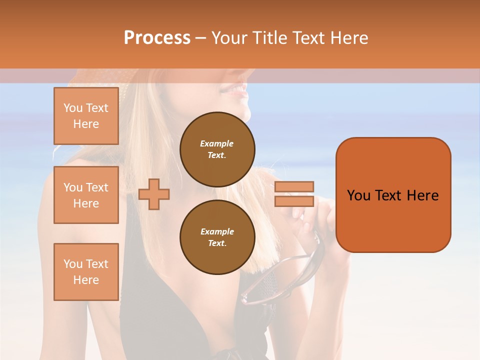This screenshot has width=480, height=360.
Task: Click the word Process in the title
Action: [x=157, y=37]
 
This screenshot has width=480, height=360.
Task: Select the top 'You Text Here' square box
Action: [x=86, y=116]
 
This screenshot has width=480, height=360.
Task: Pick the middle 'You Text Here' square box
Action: [x=86, y=195]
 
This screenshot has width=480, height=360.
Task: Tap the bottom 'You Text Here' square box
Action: [x=86, y=271]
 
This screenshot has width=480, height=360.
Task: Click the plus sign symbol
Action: [x=154, y=194]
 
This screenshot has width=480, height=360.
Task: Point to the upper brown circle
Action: [x=217, y=149]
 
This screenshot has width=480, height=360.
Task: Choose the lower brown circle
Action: [x=217, y=237]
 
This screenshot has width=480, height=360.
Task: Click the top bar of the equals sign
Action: [x=294, y=187]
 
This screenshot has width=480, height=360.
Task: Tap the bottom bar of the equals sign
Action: [x=294, y=201]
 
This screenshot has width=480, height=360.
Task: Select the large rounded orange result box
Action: [x=393, y=195]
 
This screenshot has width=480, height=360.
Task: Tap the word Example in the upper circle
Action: [x=217, y=143]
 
